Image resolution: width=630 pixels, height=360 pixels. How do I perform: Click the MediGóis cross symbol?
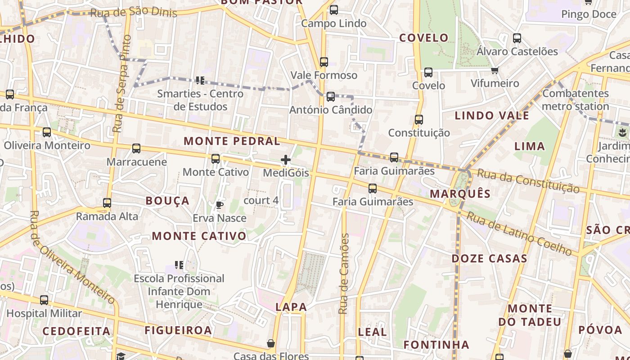point(285,160)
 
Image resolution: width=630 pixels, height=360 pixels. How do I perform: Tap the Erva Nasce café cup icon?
point(220,205)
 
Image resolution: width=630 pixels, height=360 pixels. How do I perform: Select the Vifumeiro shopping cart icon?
point(495,70)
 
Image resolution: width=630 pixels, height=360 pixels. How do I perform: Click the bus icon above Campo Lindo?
point(333,10)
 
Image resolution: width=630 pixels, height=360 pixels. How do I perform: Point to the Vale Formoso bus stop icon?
point(324,62)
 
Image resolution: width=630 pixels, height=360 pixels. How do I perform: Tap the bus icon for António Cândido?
point(331,96)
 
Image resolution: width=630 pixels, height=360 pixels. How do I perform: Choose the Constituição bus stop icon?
point(419,120)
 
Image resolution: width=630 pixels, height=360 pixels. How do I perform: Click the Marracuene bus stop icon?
point(136,148)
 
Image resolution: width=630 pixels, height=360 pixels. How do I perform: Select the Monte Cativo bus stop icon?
point(216,159)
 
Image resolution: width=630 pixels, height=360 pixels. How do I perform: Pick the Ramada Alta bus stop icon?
point(107,203)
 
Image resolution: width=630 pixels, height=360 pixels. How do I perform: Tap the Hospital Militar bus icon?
point(44,300)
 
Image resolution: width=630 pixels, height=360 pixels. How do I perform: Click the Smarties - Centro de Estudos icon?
point(200,81)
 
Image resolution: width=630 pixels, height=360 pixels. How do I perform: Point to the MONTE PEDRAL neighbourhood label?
point(232,141)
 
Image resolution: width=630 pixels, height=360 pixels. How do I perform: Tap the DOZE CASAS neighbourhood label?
point(489,259)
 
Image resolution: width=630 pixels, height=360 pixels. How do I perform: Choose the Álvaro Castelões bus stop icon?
point(517,38)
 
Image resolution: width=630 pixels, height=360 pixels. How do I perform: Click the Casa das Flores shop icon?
point(271,344)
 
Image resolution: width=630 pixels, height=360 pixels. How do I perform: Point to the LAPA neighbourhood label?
point(291,307)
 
